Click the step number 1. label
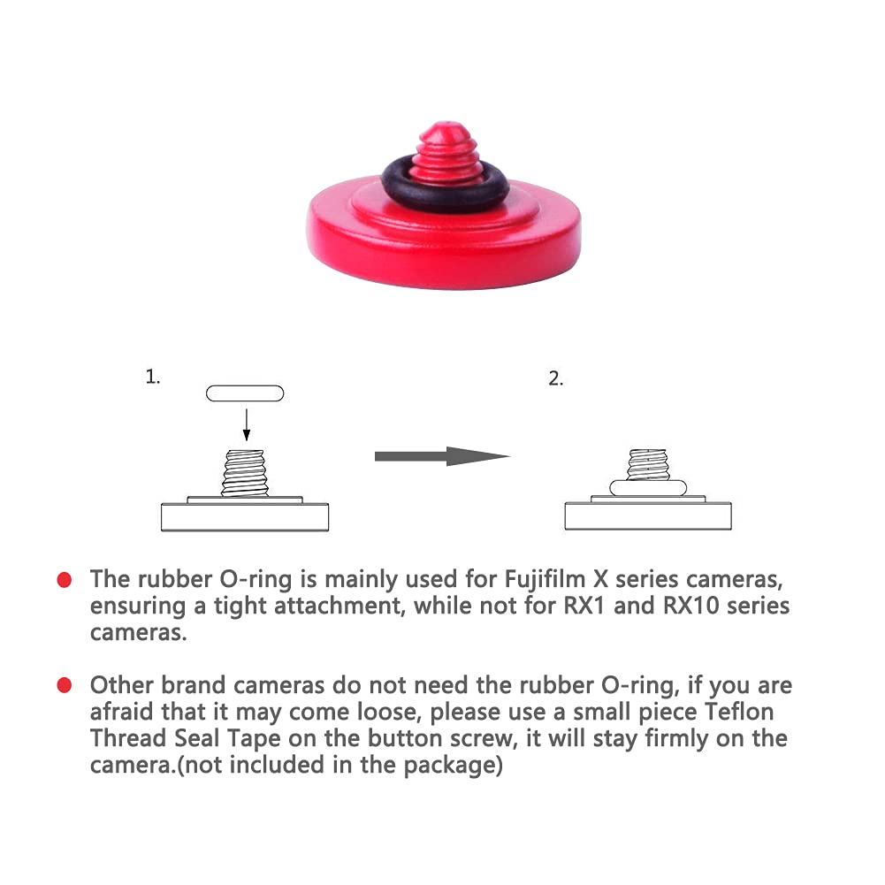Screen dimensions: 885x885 tap(153, 377)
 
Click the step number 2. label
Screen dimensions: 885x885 tap(555, 379)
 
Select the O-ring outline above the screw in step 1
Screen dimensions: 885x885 tap(245, 393)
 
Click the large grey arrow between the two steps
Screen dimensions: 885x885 tap(442, 456)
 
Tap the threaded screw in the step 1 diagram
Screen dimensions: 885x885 tap(246, 473)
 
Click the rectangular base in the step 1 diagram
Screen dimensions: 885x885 tap(245, 516)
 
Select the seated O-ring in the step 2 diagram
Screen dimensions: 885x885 tap(649, 488)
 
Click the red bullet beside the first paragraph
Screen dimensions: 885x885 tap(64, 581)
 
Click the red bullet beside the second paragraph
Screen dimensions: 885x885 tap(64, 685)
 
